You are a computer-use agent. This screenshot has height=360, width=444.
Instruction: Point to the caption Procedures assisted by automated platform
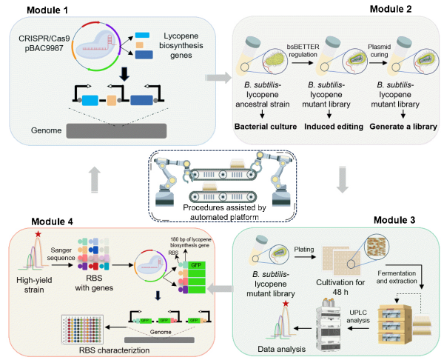tap(223, 210)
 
